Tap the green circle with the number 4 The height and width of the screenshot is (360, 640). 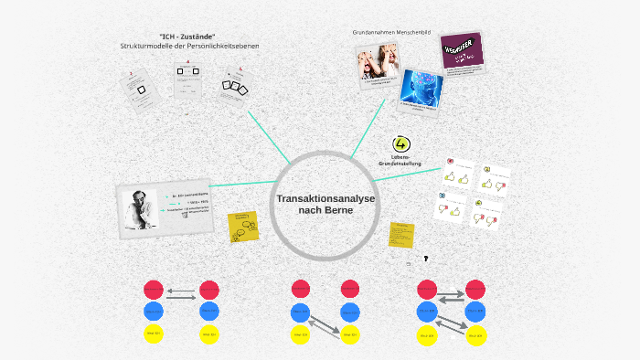pos(400,144)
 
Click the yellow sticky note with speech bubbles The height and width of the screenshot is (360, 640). pos(244,226)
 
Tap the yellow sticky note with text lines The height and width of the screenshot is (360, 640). pos(400,234)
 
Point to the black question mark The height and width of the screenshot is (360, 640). pos(426,259)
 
